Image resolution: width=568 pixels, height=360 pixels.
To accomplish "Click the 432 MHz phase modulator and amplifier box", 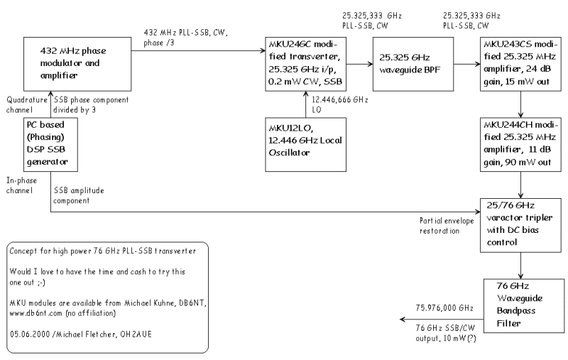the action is pos(77,64).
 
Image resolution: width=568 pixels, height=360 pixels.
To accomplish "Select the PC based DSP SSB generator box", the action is pos(50,144).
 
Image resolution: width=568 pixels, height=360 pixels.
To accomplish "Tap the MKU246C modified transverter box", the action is pos(305,64).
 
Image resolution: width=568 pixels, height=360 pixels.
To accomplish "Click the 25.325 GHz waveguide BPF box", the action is pos(413,64).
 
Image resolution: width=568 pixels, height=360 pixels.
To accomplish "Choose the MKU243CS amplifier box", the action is pos(520,64).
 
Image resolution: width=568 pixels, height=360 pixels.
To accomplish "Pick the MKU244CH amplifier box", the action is pos(520,144).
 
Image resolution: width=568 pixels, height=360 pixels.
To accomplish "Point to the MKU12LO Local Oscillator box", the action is pos(305,144).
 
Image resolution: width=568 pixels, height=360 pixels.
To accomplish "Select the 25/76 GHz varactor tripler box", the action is pos(520,225).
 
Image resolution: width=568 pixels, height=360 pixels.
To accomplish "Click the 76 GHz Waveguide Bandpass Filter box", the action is pos(524,305).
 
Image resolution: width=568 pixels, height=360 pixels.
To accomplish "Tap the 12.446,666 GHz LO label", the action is pos(340,104).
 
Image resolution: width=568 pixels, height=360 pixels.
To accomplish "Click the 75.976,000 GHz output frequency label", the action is pos(444,308).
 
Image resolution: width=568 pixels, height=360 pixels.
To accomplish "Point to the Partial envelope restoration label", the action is pos(447,226).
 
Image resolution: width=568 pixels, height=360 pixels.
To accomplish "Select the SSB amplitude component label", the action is pos(79,195).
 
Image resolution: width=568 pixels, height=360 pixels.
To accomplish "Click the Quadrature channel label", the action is pos(27,104).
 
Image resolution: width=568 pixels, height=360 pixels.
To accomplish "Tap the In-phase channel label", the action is pos(21,185).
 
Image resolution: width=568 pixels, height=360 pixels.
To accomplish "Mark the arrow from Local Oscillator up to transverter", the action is pos(305,104).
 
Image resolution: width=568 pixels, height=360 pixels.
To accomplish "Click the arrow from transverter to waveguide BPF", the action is pos(359,64).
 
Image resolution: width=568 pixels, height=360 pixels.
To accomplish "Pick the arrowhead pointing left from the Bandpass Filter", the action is pos(403,320).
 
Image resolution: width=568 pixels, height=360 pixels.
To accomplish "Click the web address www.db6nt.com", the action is pos(36,313).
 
